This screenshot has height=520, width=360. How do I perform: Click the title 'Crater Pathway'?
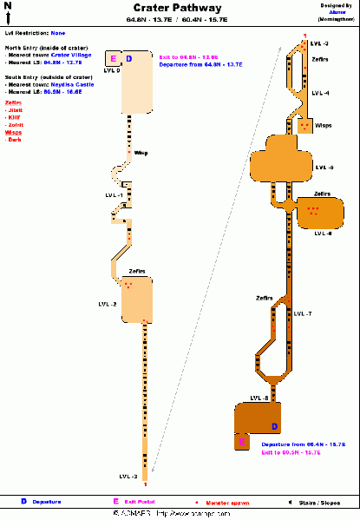(x=177, y=8)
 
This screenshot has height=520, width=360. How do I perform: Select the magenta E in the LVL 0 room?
(x=113, y=58)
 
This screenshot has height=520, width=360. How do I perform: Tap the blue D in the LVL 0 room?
(x=129, y=59)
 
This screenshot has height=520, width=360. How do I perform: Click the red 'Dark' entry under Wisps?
(x=15, y=140)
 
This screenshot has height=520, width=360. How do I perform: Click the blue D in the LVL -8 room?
(x=274, y=426)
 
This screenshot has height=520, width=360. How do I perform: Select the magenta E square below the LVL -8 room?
(x=242, y=443)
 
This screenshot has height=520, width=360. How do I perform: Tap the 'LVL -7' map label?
(x=302, y=313)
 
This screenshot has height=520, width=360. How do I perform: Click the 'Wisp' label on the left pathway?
(x=141, y=153)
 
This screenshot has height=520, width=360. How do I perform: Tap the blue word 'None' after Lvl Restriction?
(x=57, y=33)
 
